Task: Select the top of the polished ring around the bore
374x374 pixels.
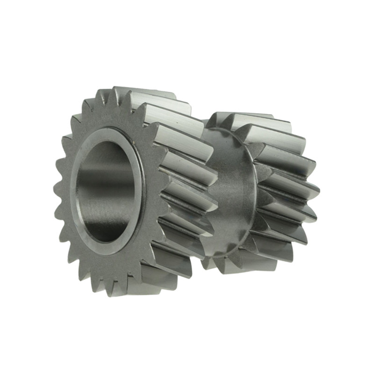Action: pyautogui.click(x=112, y=132)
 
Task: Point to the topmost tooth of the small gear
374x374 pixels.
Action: pyautogui.click(x=243, y=117)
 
